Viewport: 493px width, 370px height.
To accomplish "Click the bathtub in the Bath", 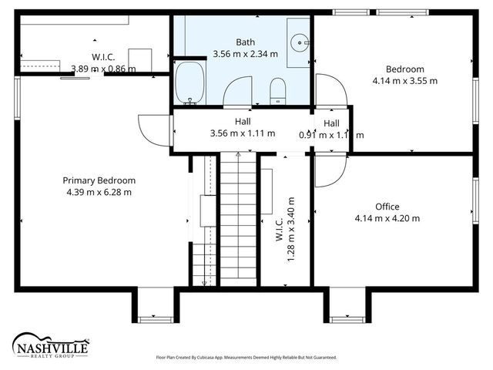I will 189,82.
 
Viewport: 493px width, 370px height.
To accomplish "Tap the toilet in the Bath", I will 278,90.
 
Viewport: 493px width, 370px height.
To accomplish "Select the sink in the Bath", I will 299,40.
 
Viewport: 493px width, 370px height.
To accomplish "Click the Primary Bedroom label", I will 99,180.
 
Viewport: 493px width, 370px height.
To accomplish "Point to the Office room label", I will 387,207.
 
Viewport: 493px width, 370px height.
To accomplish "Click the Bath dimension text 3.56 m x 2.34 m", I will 245,54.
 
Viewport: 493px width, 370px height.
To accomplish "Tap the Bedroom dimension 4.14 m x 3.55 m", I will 404,80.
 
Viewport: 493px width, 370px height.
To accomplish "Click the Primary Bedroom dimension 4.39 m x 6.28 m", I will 99,192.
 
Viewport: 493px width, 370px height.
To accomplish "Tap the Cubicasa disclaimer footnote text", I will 246,358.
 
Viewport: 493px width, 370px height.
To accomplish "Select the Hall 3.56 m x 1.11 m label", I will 242,128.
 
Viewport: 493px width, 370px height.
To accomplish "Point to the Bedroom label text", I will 404,69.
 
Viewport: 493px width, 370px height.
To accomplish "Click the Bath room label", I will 245,42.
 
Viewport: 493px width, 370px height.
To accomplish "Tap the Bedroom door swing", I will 327,89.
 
